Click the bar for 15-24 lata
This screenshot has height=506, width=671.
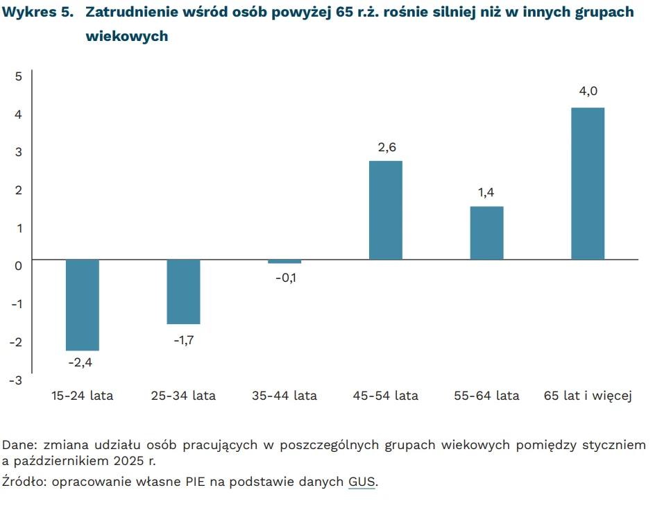82,305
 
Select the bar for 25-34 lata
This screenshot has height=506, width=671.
183,292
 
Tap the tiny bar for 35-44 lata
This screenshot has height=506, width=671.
284,262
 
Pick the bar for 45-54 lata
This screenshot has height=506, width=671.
385,210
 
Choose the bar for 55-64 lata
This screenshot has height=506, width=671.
486,233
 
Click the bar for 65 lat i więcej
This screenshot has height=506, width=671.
588,184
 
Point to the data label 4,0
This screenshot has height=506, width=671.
588,91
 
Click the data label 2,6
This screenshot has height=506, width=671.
386,146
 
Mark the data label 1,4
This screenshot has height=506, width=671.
486,192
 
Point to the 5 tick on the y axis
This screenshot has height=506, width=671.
19,76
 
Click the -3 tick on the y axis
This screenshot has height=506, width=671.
17,380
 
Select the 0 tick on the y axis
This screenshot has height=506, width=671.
19,264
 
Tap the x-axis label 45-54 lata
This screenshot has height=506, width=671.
387,396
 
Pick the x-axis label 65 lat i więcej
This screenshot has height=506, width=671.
587,396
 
